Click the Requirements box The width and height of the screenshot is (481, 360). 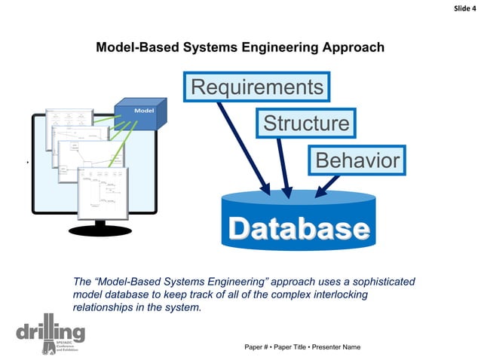tap(257, 87)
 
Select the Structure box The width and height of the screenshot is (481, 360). tap(305, 123)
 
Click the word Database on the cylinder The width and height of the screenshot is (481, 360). tap(299, 229)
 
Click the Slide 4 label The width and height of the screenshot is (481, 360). tap(462, 8)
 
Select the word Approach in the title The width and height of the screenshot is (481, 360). tap(352, 47)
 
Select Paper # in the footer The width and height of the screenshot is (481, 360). tap(259, 346)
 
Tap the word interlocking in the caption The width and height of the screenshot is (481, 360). tap(366, 294)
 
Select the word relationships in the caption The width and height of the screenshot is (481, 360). tap(102, 307)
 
